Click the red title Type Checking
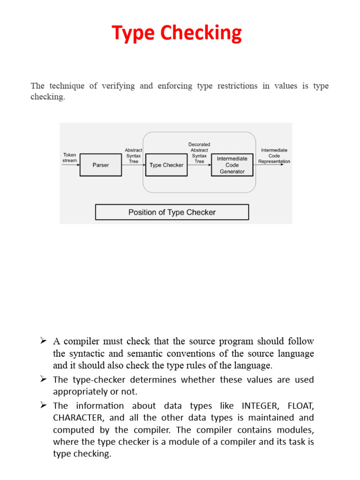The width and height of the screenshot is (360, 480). tap(177, 33)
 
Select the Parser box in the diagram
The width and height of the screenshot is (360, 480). tap(100, 165)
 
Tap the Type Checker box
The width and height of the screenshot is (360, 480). tap(166, 165)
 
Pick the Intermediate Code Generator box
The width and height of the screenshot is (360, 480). tap(232, 165)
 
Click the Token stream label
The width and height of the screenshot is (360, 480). tap(69, 157)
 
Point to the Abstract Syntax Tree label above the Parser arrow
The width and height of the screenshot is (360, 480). tap(134, 156)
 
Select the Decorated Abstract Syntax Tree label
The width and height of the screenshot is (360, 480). tap(199, 153)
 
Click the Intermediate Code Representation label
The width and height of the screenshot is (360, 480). tap(274, 156)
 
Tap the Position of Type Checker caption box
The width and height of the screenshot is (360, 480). tap(172, 212)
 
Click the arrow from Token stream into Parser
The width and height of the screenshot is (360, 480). tap(71, 165)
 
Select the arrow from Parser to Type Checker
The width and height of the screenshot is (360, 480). tap(133, 165)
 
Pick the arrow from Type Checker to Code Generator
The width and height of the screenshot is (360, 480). tap(199, 165)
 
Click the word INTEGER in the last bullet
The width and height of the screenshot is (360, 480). tap(259, 405)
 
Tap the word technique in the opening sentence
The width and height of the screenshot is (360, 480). tap(67, 86)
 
